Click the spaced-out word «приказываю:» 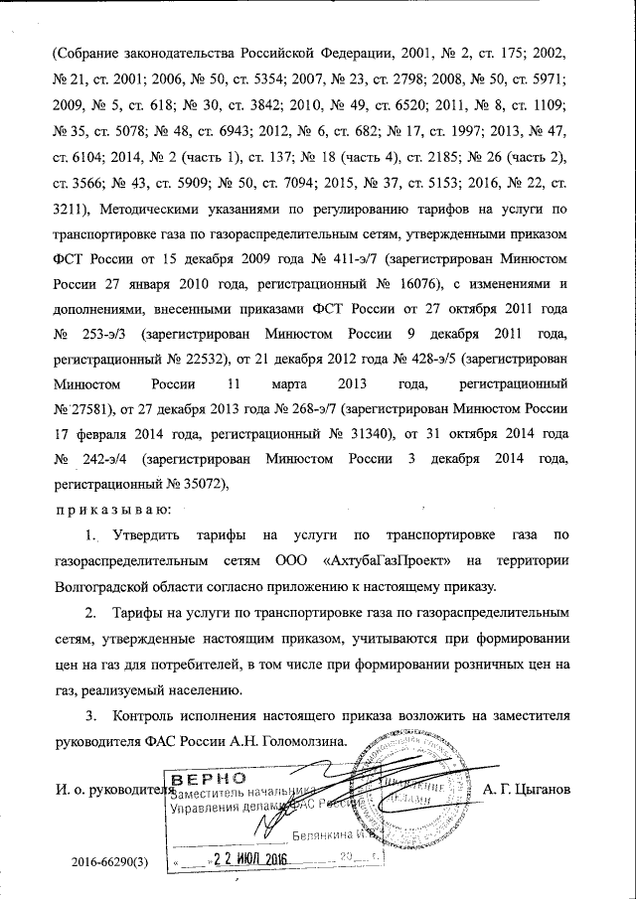click(x=110, y=510)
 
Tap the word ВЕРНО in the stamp click(x=203, y=776)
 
